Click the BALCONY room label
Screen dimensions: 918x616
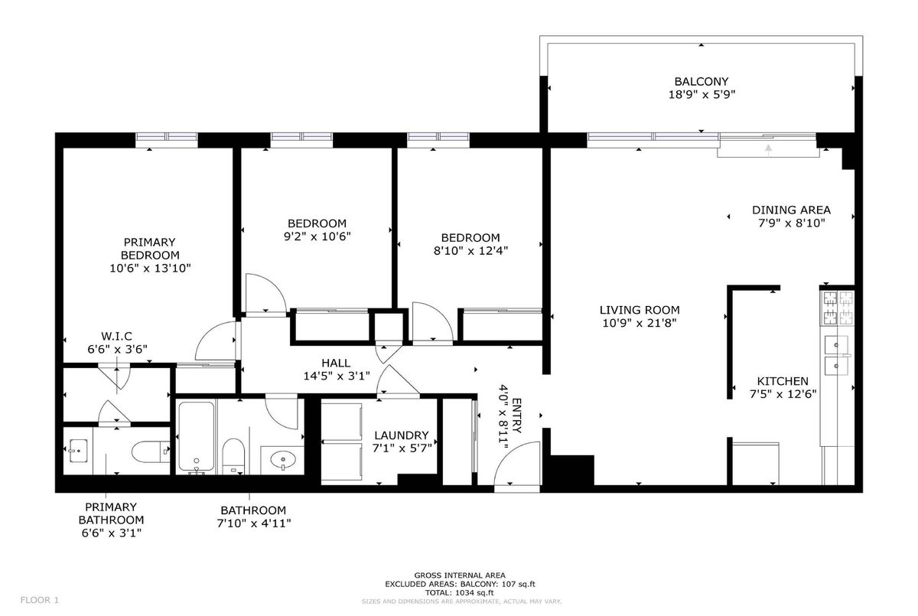click(702, 82)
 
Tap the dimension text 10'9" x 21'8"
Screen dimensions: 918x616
click(640, 324)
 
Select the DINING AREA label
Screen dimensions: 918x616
click(791, 210)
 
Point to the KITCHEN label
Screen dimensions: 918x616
click(783, 381)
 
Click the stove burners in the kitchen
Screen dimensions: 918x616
click(837, 308)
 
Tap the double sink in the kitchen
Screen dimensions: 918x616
click(836, 355)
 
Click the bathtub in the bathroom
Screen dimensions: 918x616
click(197, 436)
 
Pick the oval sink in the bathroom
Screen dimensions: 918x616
click(283, 459)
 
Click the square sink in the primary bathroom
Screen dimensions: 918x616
click(78, 451)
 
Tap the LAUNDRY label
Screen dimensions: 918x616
click(401, 435)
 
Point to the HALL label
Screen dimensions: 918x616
click(336, 363)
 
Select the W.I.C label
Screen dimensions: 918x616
click(116, 337)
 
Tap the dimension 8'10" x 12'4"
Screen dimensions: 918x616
click(470, 250)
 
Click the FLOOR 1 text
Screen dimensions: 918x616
click(40, 600)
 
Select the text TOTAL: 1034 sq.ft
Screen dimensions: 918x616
click(460, 592)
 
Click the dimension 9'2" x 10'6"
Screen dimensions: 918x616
click(317, 236)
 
